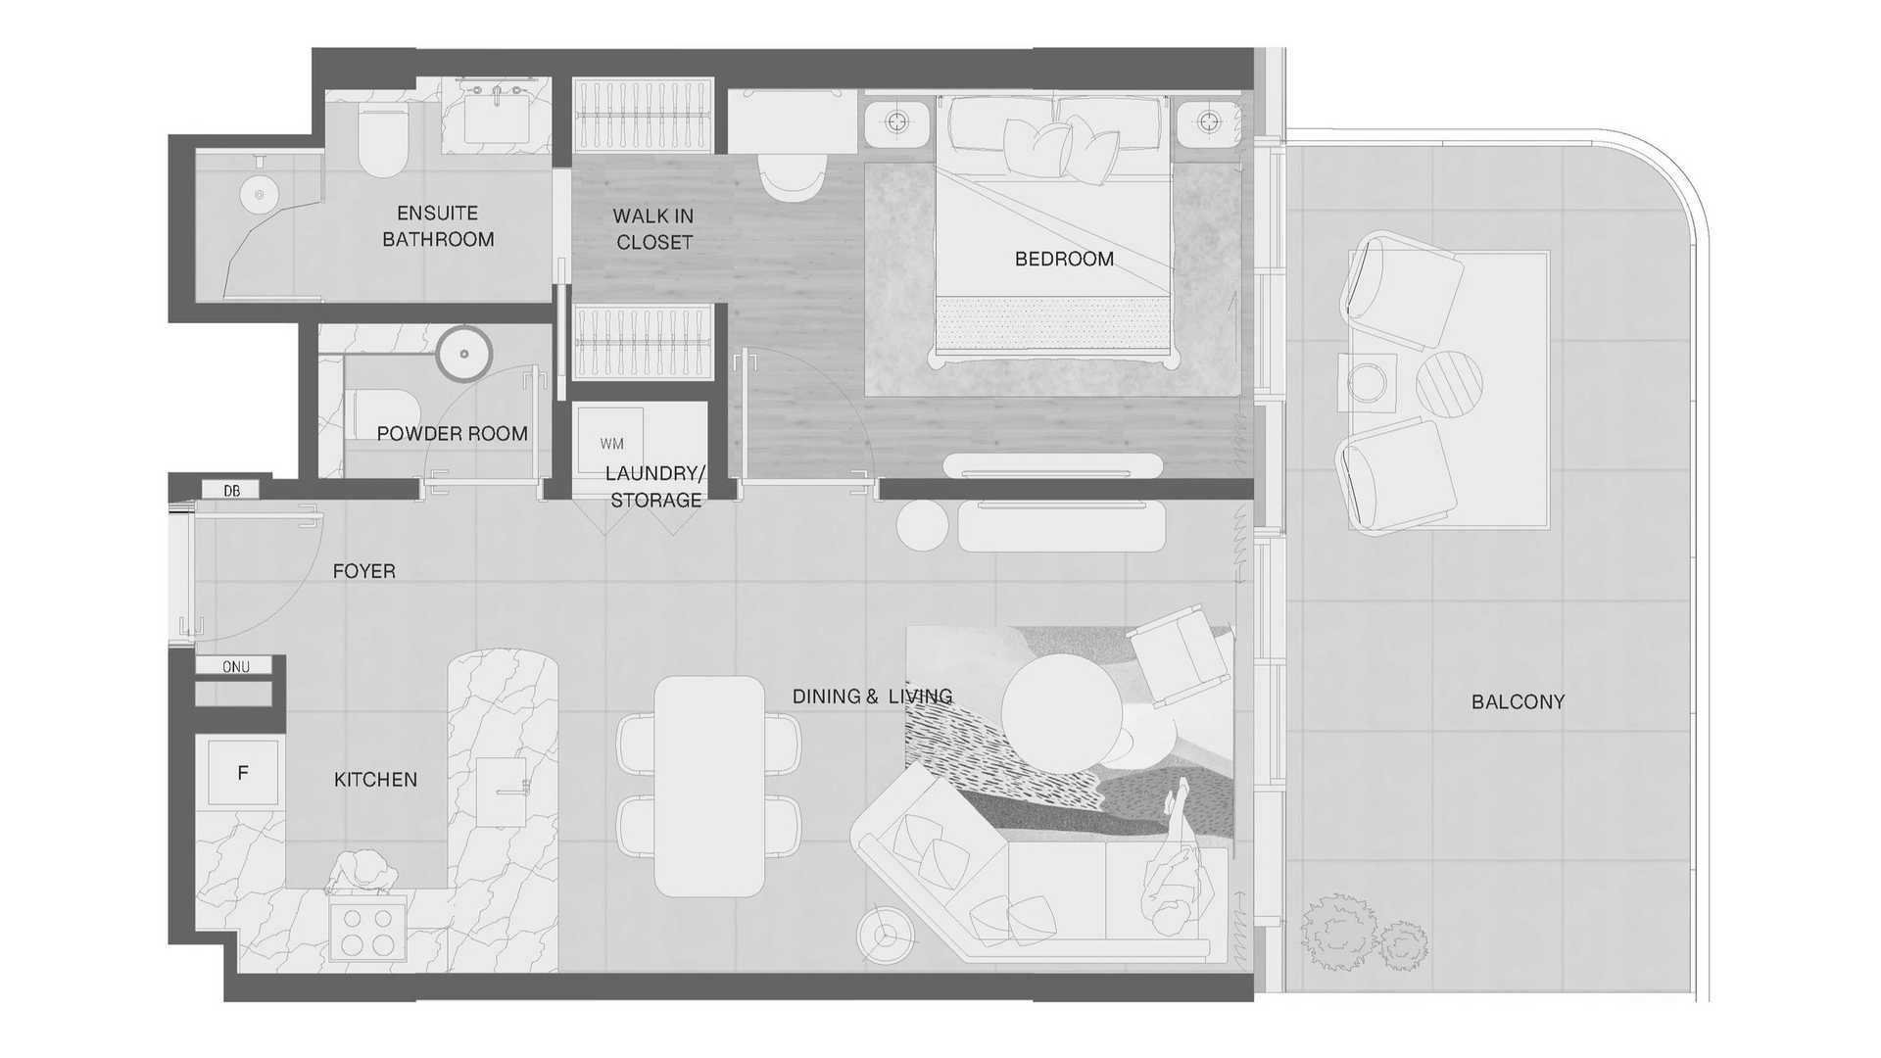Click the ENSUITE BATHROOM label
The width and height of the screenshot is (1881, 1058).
pos(438,226)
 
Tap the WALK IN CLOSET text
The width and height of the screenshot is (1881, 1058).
pos(653,229)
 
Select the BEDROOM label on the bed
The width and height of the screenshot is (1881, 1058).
pos(1064,260)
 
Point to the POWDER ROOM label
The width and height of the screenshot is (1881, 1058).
pos(452,434)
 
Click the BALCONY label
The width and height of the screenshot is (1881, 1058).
pos(1518,702)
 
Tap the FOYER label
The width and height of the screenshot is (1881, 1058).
pos(363,571)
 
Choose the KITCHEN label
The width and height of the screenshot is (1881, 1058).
pos(375,780)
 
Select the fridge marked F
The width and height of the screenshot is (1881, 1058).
pos(243,773)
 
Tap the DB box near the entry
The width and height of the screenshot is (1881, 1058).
pos(231,490)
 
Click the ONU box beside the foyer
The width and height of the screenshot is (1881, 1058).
pos(235,666)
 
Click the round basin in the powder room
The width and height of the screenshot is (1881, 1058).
pos(463,353)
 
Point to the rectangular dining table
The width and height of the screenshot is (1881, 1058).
pos(709,787)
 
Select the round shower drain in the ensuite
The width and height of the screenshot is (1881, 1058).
pos(260,195)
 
